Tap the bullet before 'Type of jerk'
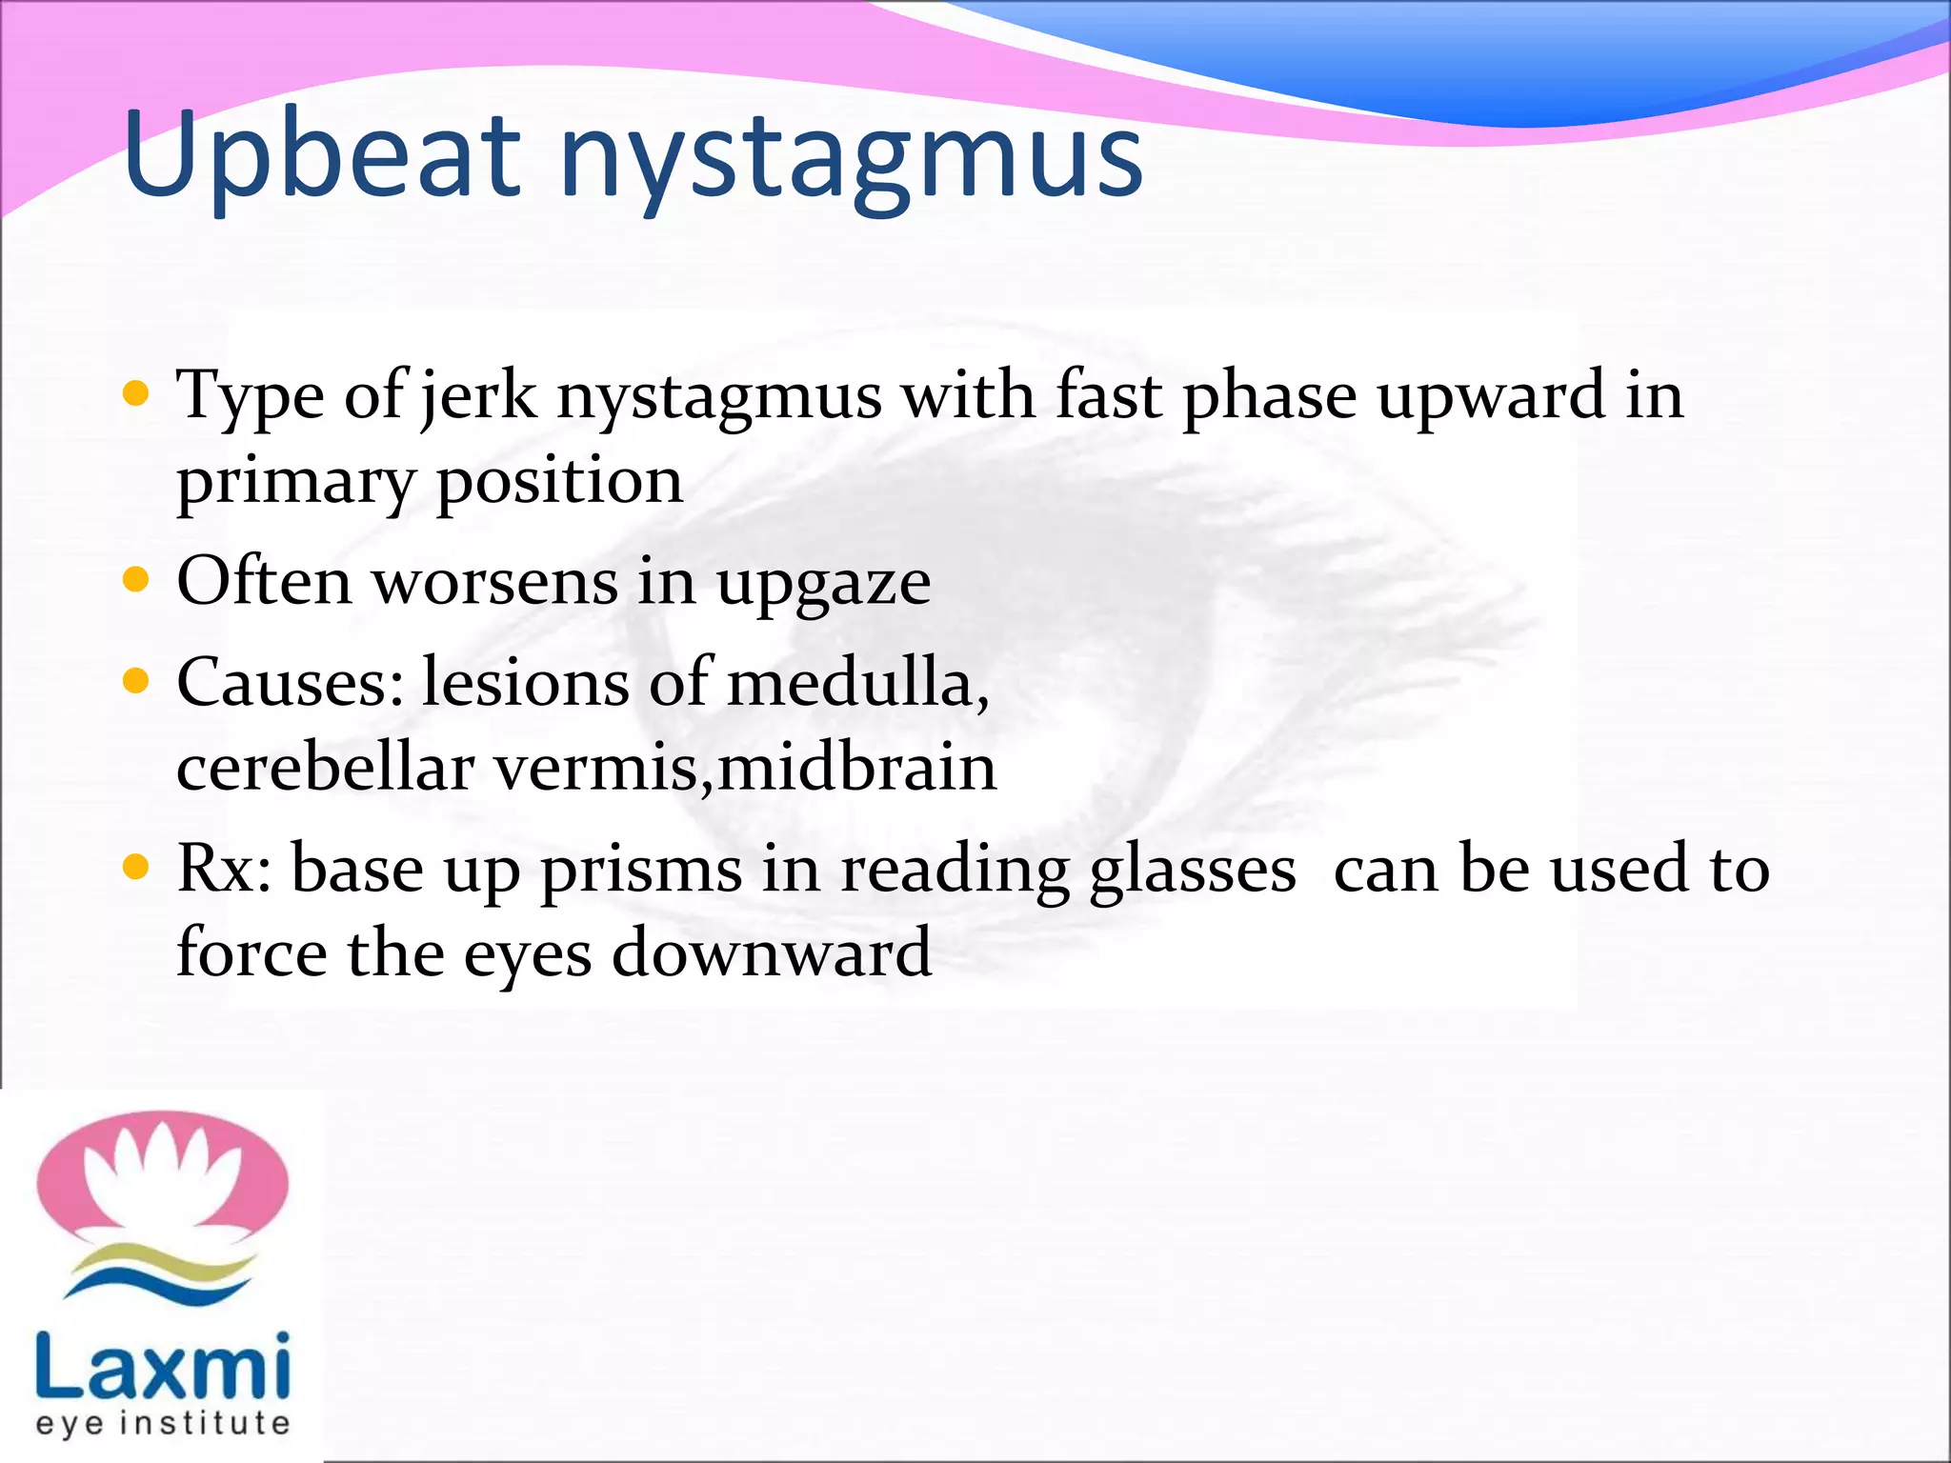[136, 393]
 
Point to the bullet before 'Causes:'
[136, 681]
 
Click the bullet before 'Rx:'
[136, 867]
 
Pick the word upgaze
[823, 583]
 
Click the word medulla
[850, 683]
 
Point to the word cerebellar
[325, 768]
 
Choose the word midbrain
[856, 768]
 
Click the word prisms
[640, 871]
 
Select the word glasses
[1192, 871]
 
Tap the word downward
[771, 953]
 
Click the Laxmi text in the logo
[162, 1366]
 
